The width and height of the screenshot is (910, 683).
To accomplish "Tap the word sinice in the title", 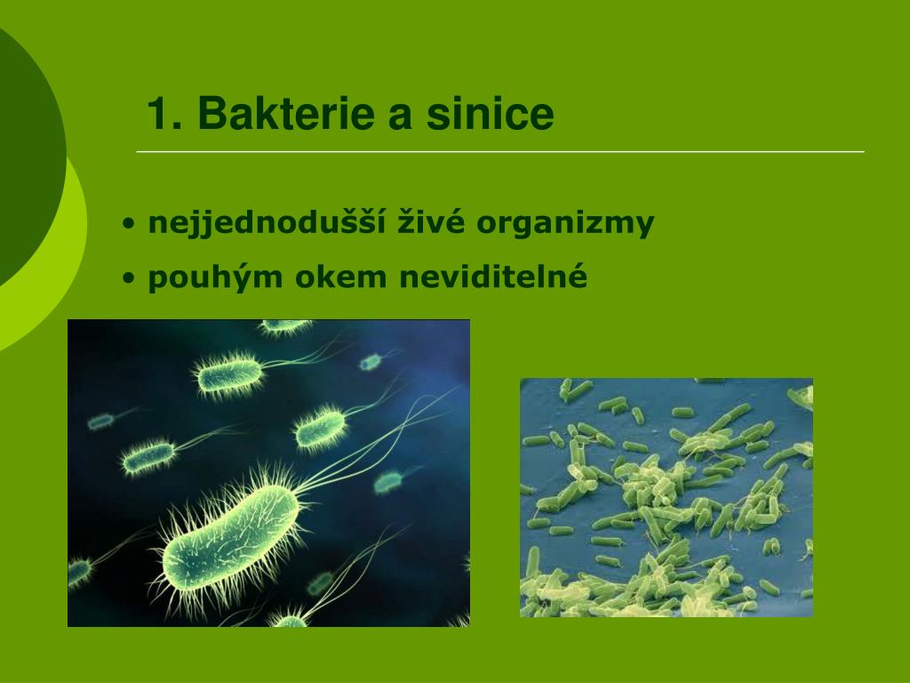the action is pos(491,113).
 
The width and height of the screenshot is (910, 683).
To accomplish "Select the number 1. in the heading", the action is pos(164,113).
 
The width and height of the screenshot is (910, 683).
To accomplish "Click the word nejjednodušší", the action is pos(267,222).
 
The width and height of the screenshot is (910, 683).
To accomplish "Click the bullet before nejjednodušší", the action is pos(129,223).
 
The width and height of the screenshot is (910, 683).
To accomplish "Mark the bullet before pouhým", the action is pos(129,277).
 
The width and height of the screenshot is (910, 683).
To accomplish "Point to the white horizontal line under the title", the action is pos(500,151).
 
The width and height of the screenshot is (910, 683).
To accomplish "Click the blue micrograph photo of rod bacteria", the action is pos(667,498).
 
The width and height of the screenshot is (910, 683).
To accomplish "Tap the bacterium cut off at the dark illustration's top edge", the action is pos(285,326).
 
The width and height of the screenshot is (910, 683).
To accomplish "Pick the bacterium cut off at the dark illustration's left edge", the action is pos(79,571).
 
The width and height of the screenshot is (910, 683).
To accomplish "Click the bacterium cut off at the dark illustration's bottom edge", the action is pos(290,619).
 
